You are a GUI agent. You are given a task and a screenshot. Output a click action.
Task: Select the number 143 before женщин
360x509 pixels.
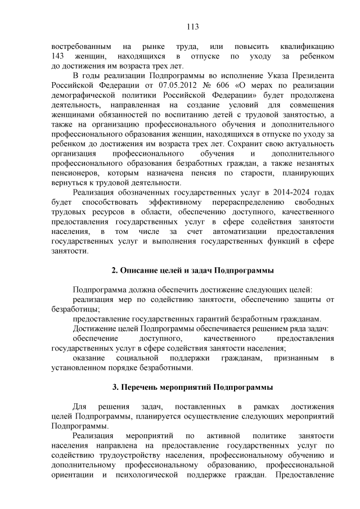[x=58, y=57]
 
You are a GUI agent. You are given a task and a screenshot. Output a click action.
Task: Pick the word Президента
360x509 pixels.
[x=312, y=76]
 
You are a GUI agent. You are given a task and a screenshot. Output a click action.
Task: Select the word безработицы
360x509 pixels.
[x=75, y=308]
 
